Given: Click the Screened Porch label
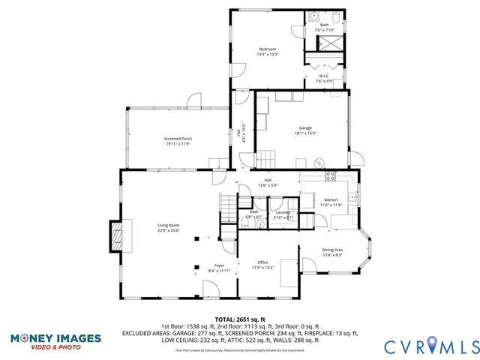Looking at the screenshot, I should [178, 139].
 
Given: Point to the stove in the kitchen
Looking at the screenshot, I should [330, 177].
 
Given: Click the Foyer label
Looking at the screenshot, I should [219, 266].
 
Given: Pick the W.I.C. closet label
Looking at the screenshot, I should [324, 75].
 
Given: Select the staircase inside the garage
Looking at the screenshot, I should [267, 157].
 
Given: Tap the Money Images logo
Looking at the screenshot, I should [55, 341].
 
